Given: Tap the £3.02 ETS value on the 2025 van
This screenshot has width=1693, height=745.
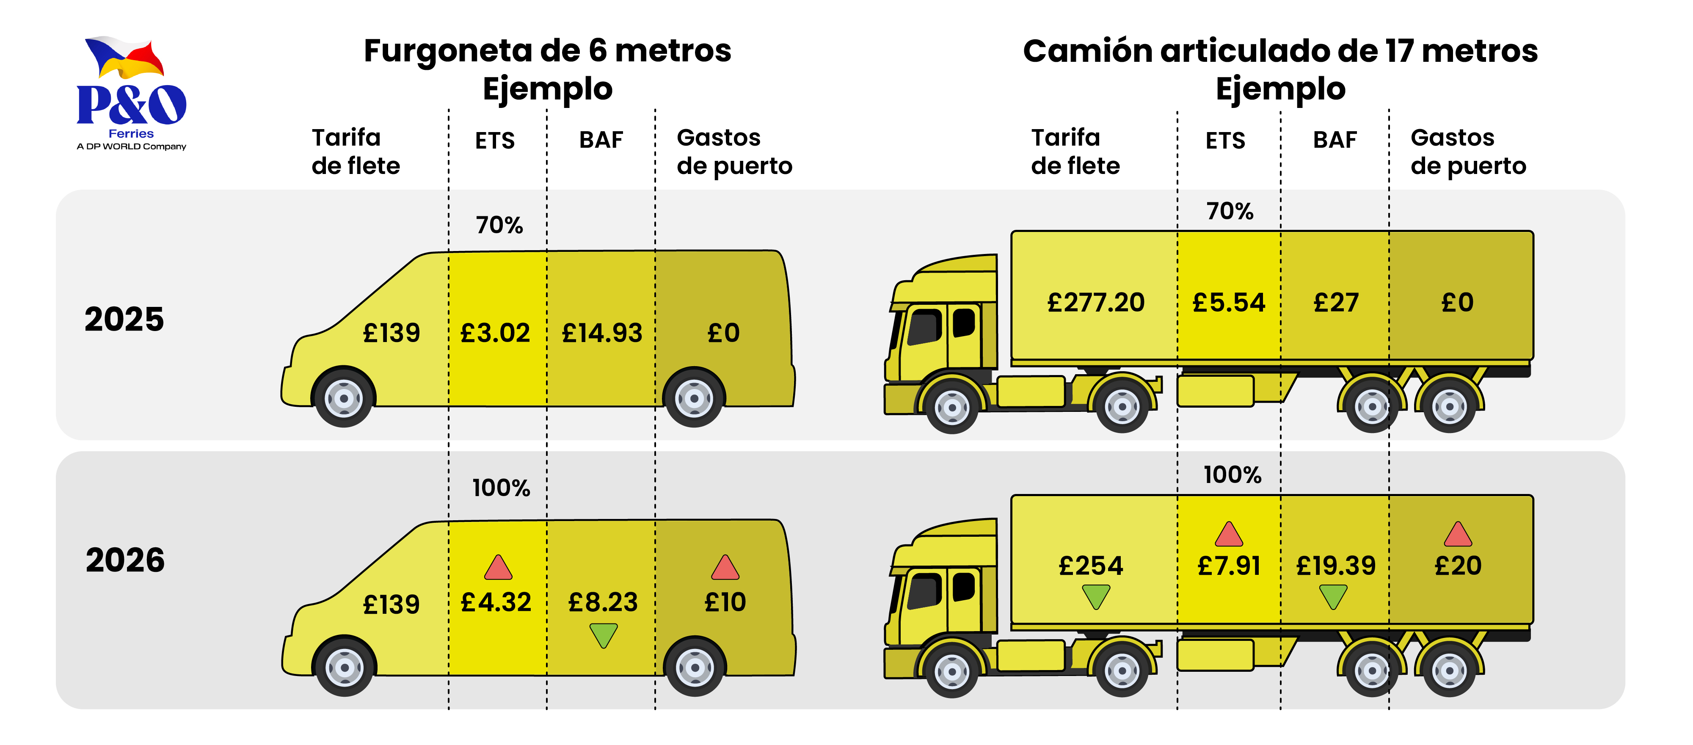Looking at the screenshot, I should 495,333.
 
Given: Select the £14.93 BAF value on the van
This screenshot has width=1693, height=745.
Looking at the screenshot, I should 602,333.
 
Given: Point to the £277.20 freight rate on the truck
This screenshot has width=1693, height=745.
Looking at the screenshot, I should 1096,303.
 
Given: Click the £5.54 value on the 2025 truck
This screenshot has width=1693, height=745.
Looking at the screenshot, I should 1228,303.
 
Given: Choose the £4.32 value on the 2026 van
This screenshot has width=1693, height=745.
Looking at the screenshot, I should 496,602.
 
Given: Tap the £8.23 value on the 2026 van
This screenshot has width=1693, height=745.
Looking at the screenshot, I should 603,602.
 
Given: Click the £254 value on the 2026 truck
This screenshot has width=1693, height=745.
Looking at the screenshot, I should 1091,566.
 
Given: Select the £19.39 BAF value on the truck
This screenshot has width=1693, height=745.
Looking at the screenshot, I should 1335,566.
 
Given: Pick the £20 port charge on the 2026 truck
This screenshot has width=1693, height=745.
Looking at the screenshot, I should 1458,566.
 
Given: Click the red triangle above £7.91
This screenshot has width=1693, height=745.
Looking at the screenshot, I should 1228,535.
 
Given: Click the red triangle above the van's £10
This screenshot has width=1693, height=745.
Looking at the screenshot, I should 725,568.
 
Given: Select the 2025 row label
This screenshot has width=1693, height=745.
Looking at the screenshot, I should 124,320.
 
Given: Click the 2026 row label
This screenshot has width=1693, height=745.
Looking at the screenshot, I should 125,560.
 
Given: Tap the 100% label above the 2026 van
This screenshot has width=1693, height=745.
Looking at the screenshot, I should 501,488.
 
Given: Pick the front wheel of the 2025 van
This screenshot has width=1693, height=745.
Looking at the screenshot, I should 344,398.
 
